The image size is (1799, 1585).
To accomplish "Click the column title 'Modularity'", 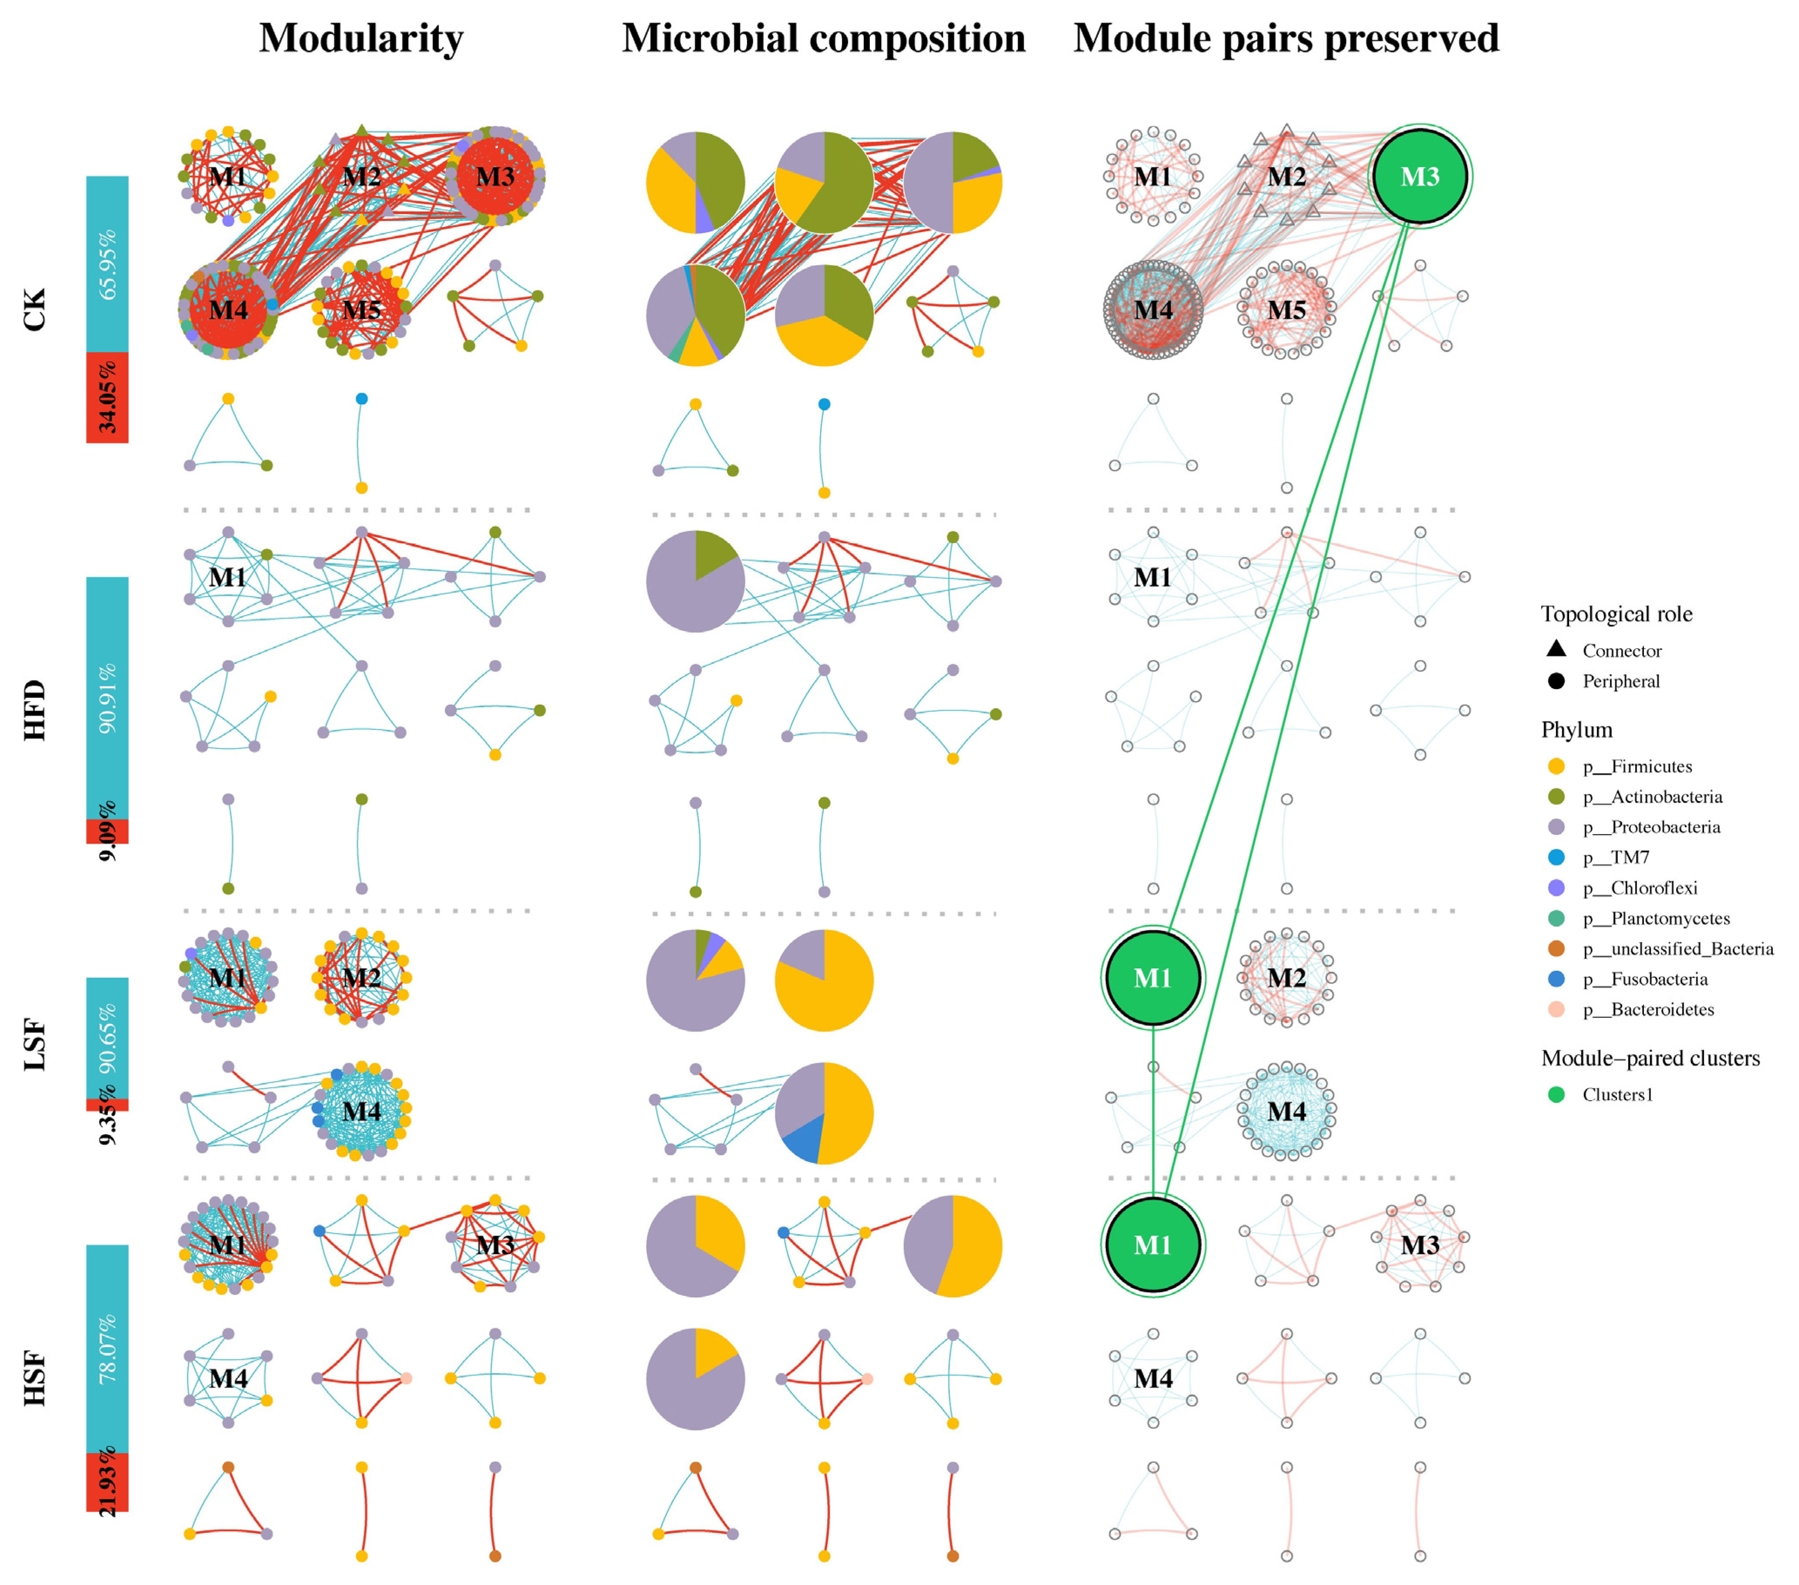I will pos(361,39).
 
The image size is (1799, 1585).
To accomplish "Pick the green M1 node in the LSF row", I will pos(1152,978).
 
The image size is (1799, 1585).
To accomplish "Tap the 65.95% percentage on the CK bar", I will pos(108,264).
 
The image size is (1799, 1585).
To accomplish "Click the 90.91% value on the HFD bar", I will pos(108,698).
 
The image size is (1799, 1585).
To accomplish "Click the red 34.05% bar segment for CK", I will pos(108,398).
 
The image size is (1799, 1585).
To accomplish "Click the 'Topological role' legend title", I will pos(1616,614).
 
